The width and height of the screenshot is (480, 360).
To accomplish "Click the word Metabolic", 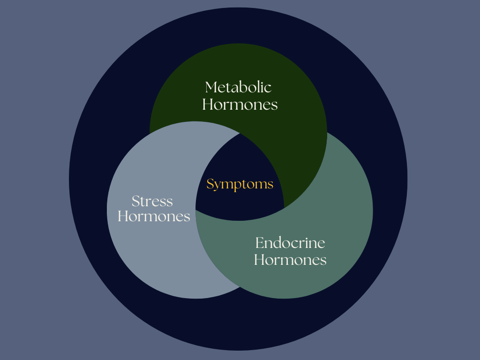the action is [x=239, y=87].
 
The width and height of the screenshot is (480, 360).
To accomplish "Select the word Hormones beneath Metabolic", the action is [x=240, y=104].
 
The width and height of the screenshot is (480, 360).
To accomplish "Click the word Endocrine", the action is [x=290, y=243].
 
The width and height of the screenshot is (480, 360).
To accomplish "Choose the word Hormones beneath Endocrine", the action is [x=290, y=259].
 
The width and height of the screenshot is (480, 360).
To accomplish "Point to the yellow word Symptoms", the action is [x=240, y=184].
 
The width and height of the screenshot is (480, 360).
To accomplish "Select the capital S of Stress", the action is [x=135, y=202].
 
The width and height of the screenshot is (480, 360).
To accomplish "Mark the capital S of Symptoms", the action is [x=210, y=184].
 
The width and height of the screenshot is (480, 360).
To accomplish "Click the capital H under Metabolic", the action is [x=208, y=104].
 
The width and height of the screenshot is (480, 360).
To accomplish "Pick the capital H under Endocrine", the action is [x=259, y=259].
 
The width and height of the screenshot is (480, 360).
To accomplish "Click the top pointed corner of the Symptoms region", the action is [x=240, y=133].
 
